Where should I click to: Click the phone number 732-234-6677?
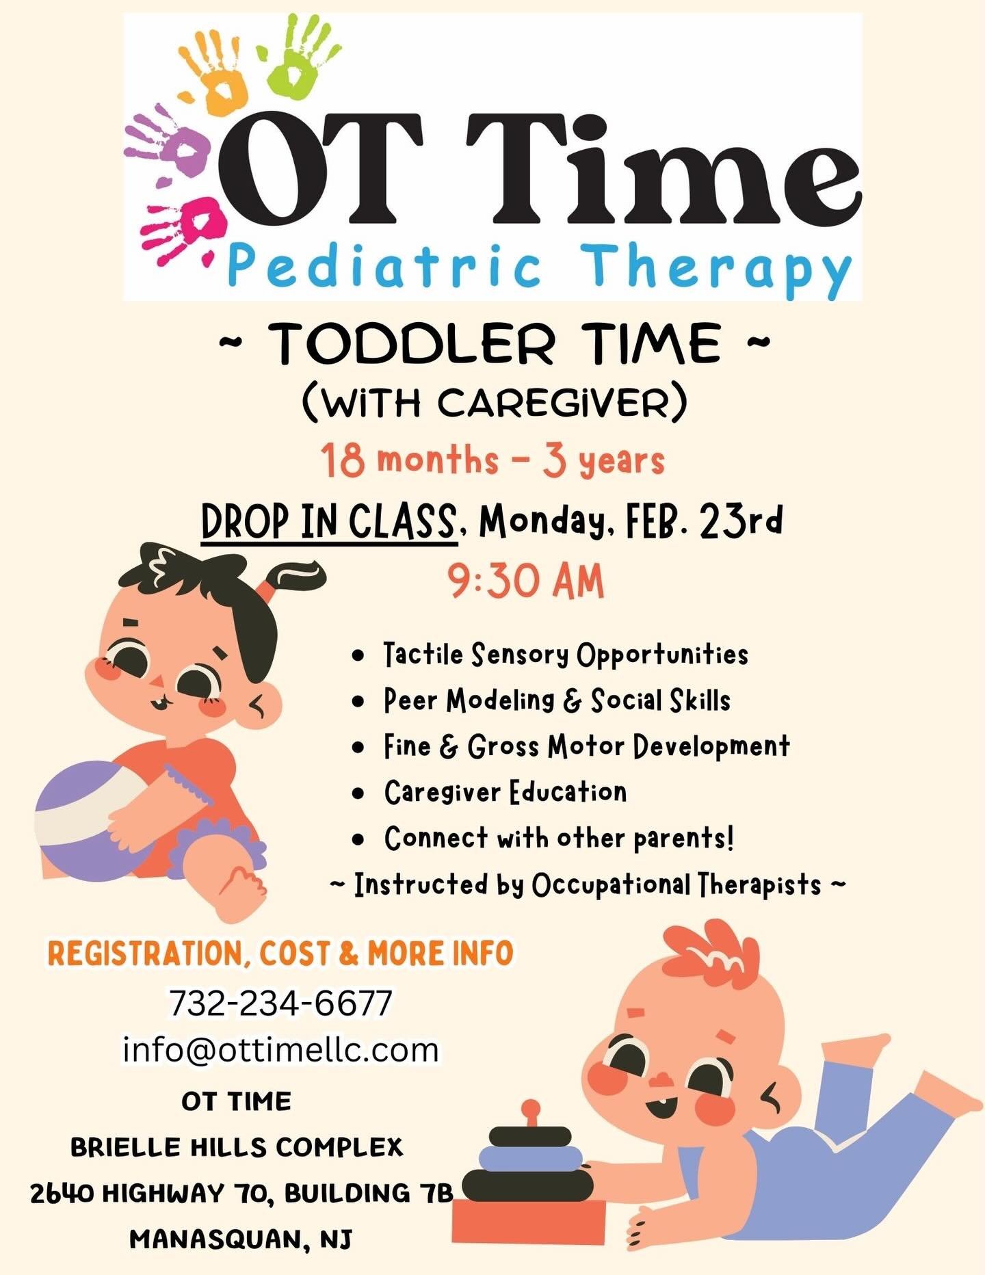[280, 1003]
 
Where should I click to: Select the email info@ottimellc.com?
[280, 1049]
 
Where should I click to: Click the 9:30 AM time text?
[526, 582]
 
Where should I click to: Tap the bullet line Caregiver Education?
[505, 792]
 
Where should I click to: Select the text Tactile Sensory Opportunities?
[565, 655]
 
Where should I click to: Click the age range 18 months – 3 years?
[492, 460]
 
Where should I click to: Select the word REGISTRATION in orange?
[144, 954]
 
